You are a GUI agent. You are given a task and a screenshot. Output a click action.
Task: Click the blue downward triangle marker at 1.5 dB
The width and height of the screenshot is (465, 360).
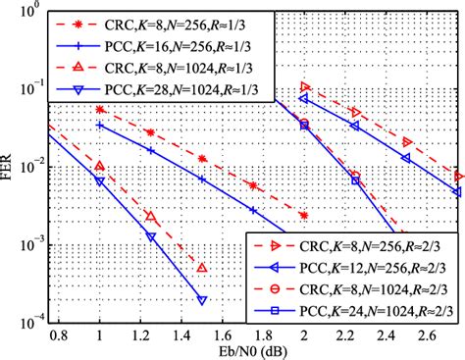(x=201, y=299)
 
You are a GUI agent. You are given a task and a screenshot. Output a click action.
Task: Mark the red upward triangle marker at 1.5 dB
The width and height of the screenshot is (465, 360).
(x=201, y=268)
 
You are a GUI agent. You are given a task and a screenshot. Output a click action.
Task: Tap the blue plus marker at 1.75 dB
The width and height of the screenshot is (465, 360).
(x=253, y=210)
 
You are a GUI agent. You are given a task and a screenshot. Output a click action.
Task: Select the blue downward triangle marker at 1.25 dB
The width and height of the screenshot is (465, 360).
(x=150, y=236)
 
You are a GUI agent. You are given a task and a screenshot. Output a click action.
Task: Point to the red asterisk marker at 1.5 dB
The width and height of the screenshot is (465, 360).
(x=201, y=158)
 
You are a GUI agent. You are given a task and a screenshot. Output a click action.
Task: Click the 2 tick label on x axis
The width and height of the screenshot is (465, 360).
(x=304, y=334)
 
